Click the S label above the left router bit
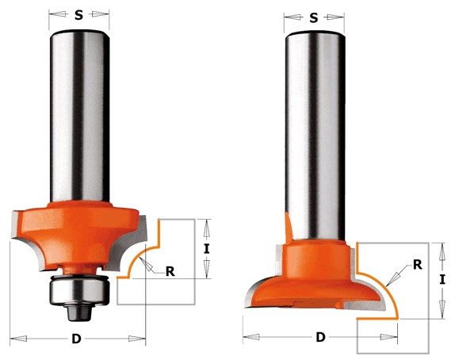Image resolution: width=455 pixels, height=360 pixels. click(x=78, y=15)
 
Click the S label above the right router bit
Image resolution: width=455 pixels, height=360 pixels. click(x=314, y=18)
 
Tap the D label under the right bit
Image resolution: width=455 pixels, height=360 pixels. click(x=320, y=337)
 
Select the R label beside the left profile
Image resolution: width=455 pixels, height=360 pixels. click(x=170, y=271)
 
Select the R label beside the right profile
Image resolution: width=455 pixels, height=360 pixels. click(x=418, y=265)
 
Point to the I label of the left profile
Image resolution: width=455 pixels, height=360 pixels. click(x=206, y=249)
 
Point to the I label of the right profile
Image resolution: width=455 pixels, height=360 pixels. click(x=442, y=279)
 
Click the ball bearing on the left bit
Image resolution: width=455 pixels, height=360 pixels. click(x=79, y=290)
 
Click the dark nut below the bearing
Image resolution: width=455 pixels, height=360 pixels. click(x=79, y=312)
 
